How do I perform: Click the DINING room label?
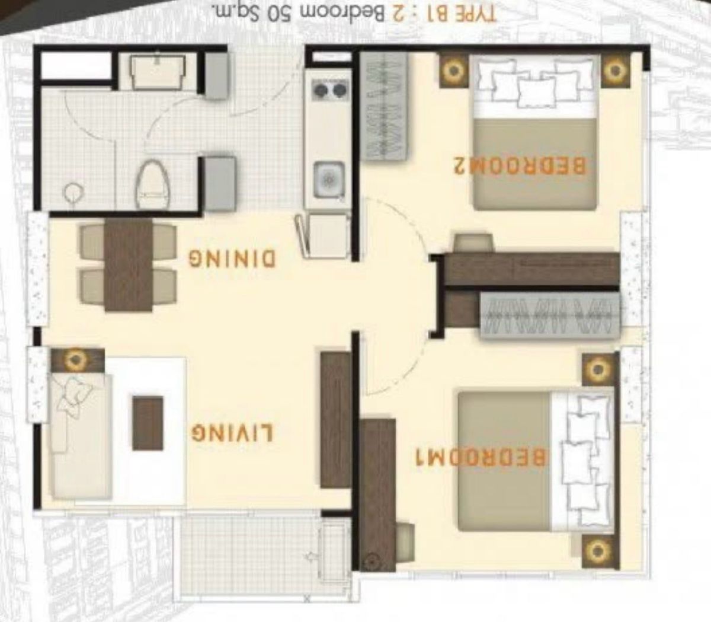pyautogui.click(x=232, y=259)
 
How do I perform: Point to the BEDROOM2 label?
pyautogui.click(x=520, y=165)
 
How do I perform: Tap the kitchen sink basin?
pyautogui.click(x=329, y=180)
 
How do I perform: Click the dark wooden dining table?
pyautogui.click(x=128, y=264)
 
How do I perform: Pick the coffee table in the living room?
pyautogui.click(x=148, y=423)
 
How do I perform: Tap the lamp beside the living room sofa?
pyautogui.click(x=77, y=360)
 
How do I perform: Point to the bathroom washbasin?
pyautogui.click(x=158, y=72)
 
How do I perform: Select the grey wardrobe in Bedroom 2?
pyautogui.click(x=384, y=106)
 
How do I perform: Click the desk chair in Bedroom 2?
pyautogui.click(x=473, y=243)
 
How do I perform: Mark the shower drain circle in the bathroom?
pyautogui.click(x=73, y=192)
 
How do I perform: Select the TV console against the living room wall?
pyautogui.click(x=335, y=420)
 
